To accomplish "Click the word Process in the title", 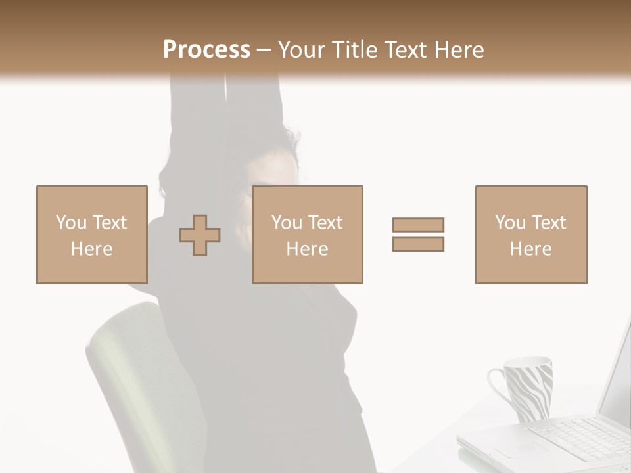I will coord(206,50).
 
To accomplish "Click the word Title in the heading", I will coord(354,50).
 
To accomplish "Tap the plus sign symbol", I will coord(200,235).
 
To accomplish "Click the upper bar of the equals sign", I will coord(418,225).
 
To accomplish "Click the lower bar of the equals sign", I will coord(418,244).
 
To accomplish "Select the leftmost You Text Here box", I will coord(91,235).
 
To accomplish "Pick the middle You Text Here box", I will coord(307,235).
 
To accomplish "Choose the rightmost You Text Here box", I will coord(530,235).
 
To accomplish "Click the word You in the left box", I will coord(71,223).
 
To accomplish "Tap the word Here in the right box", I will coord(530,249).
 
